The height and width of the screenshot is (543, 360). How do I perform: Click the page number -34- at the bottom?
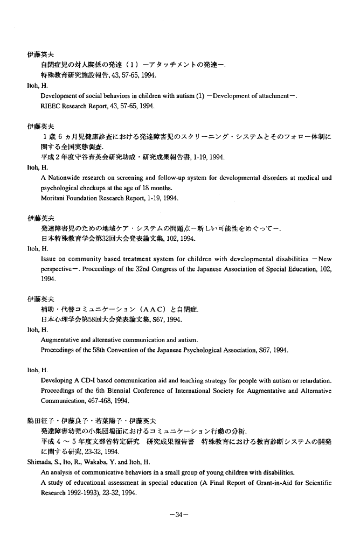(179, 514)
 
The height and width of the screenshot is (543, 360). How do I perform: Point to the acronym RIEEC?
(51, 106)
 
